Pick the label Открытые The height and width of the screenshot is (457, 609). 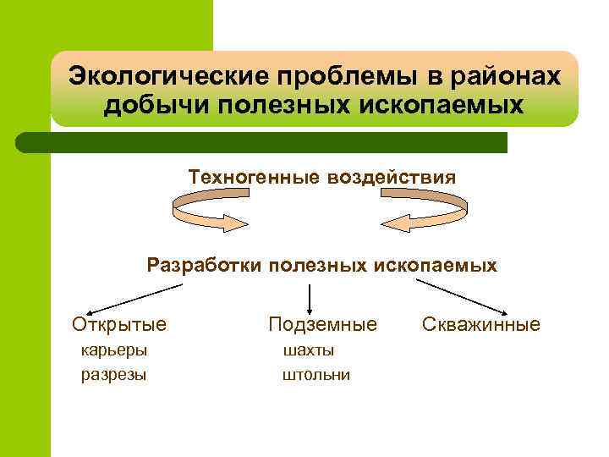119,324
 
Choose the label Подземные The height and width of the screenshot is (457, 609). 322,324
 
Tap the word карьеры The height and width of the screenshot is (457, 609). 113,350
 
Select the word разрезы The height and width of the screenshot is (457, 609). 113,374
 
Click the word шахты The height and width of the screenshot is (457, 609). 309,350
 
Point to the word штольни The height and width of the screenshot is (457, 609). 315,374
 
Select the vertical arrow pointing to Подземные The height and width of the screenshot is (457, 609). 310,298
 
